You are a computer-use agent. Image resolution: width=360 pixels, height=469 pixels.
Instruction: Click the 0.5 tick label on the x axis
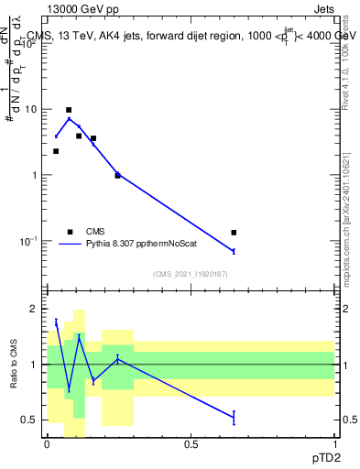tap(191, 443)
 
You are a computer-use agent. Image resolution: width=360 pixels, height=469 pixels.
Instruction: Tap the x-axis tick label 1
tap(334, 443)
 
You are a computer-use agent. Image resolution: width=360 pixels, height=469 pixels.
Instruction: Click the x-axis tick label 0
tap(47, 443)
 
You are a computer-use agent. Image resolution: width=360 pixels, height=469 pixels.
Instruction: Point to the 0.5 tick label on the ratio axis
tap(29, 420)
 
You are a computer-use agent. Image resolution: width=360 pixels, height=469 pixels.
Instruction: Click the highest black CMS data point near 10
tap(69, 110)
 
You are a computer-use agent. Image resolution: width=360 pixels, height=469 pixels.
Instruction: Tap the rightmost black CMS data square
tap(234, 233)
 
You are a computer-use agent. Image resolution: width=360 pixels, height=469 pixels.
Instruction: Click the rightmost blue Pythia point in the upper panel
tap(234, 251)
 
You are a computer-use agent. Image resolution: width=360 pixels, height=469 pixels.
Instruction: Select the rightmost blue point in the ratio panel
tap(234, 418)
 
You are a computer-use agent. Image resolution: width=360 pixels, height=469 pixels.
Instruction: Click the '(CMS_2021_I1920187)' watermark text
tap(191, 274)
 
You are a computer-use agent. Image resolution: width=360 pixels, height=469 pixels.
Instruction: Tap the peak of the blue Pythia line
tap(69, 118)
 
